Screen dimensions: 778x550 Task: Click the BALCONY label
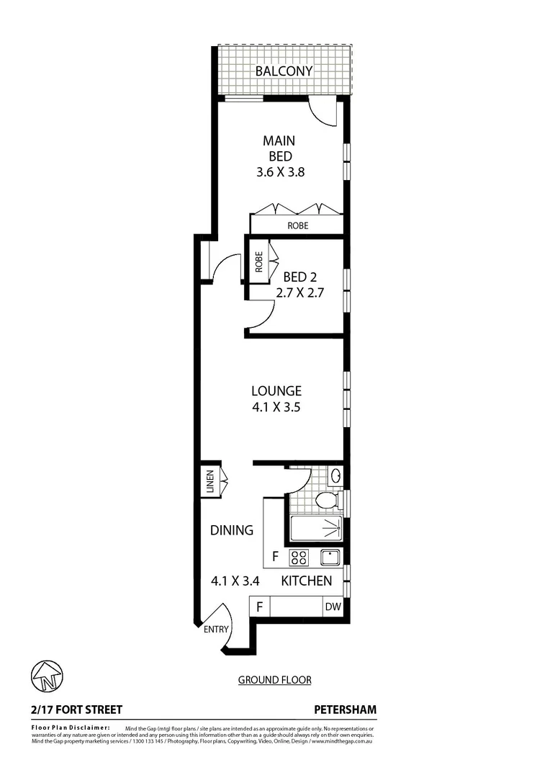(x=284, y=71)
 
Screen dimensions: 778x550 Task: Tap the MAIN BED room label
(x=278, y=148)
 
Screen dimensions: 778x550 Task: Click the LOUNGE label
(x=276, y=391)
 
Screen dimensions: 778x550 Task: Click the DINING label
(x=232, y=530)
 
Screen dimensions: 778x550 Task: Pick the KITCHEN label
(x=306, y=581)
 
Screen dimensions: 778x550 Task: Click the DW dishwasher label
(x=333, y=607)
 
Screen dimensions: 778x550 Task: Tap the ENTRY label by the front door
(x=216, y=629)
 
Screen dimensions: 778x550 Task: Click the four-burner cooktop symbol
(x=299, y=557)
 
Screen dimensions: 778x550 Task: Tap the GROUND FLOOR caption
(x=274, y=679)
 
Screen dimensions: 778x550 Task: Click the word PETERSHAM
(x=346, y=710)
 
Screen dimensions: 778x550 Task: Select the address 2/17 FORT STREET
(x=76, y=710)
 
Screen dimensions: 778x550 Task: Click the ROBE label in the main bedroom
(x=297, y=225)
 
